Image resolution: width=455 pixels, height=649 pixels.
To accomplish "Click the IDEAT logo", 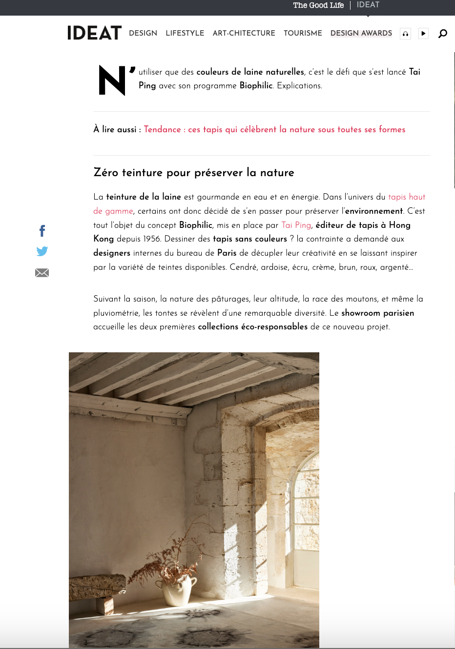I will click(x=94, y=33).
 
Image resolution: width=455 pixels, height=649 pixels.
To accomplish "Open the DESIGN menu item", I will click(x=143, y=33).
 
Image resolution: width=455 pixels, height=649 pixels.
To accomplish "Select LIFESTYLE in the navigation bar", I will click(x=185, y=33).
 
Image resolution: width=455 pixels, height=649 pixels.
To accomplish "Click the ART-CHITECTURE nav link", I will click(x=244, y=33).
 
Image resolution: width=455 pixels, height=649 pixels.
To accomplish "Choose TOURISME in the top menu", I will click(x=303, y=33).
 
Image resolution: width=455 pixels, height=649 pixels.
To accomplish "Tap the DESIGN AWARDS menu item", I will click(x=361, y=33).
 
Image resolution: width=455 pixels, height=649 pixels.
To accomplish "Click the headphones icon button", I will click(x=405, y=34).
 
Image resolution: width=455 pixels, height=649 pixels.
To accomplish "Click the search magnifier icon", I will click(x=443, y=33).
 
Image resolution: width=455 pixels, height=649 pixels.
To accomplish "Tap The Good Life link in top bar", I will click(x=318, y=5).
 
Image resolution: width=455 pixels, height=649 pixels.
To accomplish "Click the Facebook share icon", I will click(x=42, y=230).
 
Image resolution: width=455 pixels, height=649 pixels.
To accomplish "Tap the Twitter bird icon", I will click(x=42, y=251).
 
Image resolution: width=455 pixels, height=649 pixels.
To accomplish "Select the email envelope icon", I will click(x=42, y=273).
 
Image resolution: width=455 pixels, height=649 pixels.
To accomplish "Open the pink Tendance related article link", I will click(x=274, y=129).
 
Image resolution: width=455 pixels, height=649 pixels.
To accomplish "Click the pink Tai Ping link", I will click(x=296, y=225).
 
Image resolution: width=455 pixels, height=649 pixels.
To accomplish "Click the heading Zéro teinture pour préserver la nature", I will click(x=194, y=173).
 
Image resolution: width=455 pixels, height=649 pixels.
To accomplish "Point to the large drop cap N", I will click(x=113, y=81).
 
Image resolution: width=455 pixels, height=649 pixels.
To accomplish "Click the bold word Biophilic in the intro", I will click(x=256, y=85).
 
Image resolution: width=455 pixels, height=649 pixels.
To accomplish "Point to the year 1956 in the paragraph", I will click(x=152, y=239).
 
